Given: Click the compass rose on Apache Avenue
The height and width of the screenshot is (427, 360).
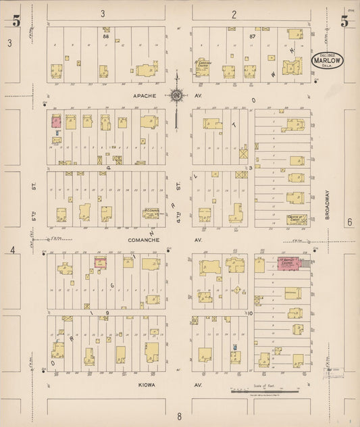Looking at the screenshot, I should click(176, 95).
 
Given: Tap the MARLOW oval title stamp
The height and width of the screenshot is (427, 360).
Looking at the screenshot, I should click(327, 59).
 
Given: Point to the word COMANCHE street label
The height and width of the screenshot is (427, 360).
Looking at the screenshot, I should click(143, 239).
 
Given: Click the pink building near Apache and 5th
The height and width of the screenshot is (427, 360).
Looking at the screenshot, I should click(56, 122).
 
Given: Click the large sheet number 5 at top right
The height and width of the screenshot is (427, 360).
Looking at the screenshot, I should click(344, 21).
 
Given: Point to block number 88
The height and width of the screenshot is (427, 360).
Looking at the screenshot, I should click(105, 37).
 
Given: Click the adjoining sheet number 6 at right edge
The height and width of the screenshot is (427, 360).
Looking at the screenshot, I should click(350, 222).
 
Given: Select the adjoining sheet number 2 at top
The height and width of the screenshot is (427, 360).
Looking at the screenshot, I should click(234, 14).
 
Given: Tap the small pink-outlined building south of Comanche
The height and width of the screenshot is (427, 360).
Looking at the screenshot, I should click(100, 262).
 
